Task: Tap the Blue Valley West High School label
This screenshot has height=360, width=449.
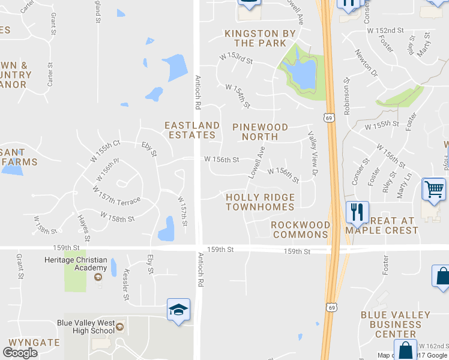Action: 86,326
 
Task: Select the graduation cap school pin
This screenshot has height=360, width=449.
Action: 178,310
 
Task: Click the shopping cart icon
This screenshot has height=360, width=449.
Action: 433,190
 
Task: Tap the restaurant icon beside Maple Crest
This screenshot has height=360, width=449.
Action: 357,211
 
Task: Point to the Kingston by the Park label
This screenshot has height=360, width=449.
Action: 260,38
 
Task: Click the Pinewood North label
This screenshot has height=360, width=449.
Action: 260,132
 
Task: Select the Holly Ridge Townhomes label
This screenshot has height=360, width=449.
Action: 260,202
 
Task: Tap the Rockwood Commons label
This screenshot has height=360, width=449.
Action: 300,229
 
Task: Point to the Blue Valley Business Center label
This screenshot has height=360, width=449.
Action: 395,324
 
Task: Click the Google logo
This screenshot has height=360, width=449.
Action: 20,353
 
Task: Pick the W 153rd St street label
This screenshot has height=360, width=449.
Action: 235,60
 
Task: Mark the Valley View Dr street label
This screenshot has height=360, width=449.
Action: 313,154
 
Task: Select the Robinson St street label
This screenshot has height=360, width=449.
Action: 346,97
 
